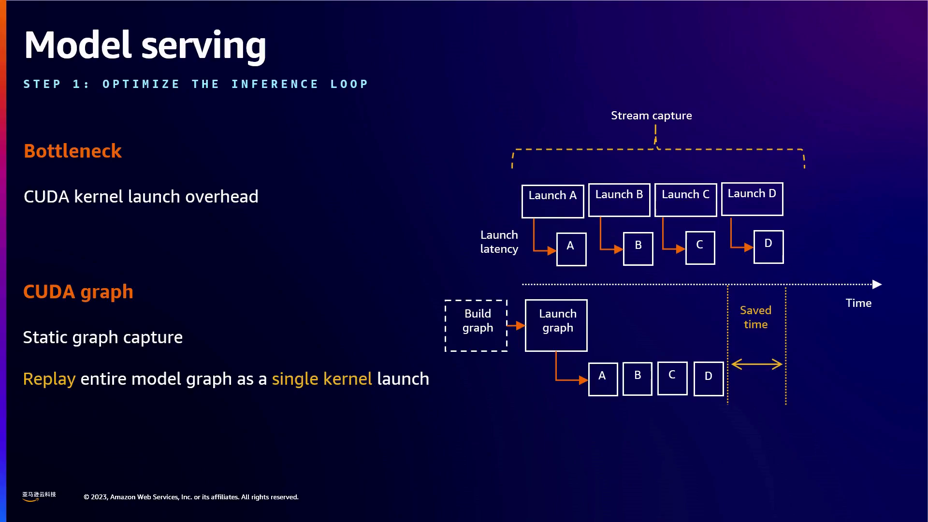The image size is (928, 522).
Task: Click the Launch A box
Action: [552, 201]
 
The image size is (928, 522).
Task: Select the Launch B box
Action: [619, 200]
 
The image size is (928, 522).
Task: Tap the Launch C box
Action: [685, 200]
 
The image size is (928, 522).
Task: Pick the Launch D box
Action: [752, 199]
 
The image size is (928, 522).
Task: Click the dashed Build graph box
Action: [476, 325]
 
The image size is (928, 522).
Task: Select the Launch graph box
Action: [556, 325]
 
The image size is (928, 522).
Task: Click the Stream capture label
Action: [651, 116]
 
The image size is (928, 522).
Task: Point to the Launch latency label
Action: [499, 242]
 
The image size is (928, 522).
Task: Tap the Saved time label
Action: [755, 317]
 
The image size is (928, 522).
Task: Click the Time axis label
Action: [858, 303]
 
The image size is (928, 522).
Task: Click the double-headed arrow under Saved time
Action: [757, 364]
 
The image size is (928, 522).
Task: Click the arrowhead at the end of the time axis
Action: [877, 284]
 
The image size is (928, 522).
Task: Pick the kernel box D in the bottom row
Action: [709, 378]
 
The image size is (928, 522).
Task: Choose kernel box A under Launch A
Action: [571, 249]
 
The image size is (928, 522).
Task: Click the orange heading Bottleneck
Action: [72, 151]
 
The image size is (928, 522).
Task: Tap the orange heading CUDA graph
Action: [78, 292]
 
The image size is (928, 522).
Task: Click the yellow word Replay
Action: [49, 379]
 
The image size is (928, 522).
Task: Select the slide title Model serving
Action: [145, 45]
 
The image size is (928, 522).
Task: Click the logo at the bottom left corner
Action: [39, 496]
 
